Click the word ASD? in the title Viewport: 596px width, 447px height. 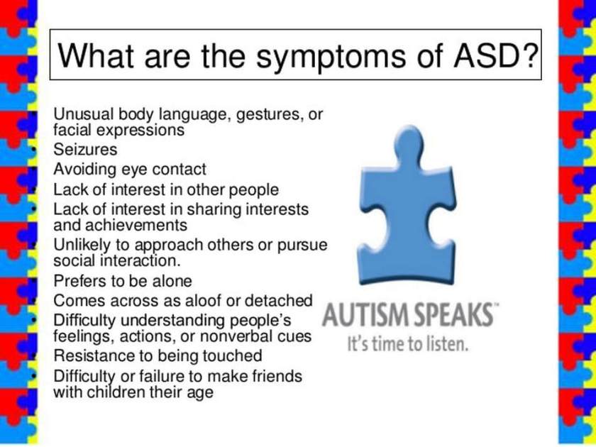tap(496, 55)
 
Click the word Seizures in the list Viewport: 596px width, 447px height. tap(85, 150)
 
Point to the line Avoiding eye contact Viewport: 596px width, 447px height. tap(130, 170)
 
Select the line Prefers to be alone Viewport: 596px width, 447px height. tap(123, 281)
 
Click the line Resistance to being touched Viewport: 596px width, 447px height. tap(158, 355)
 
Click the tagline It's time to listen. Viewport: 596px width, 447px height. tap(407, 344)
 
